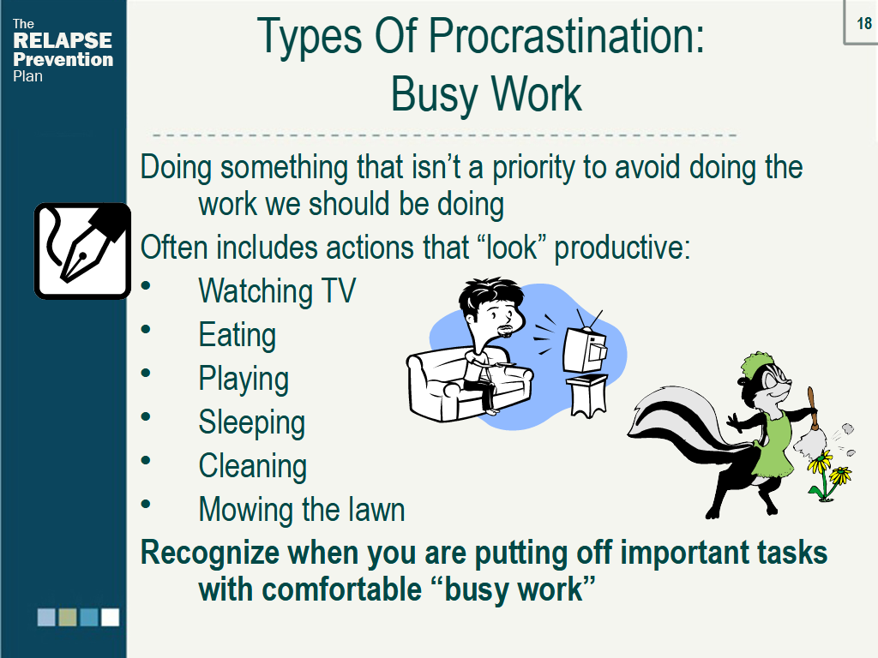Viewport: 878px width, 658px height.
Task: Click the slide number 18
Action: point(864,22)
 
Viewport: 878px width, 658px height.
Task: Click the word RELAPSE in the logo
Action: point(63,41)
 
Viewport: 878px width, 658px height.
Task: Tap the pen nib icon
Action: point(82,250)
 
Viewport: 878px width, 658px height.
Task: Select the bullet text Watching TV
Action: point(276,291)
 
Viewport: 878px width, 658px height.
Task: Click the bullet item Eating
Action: point(237,335)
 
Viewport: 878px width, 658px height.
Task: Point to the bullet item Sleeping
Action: point(251,422)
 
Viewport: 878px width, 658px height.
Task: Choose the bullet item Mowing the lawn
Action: point(301,510)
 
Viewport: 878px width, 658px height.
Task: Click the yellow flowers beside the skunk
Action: point(828,476)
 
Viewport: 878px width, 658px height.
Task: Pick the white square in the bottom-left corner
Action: point(110,618)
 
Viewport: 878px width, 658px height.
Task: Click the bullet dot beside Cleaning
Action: point(146,461)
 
